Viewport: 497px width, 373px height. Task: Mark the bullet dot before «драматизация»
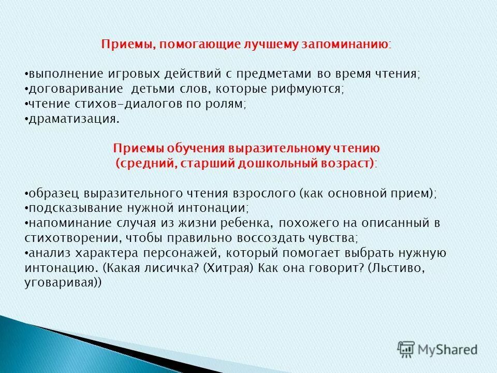(x=26, y=119)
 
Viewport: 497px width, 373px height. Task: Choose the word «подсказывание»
(x=70, y=208)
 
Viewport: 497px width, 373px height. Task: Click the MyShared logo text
(x=448, y=350)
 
